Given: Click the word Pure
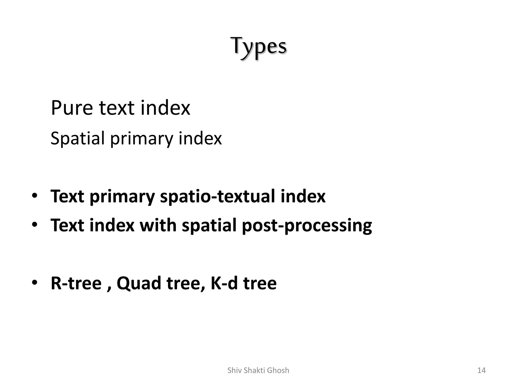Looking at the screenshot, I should pyautogui.click(x=72, y=108).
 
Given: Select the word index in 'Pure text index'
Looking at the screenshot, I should pyautogui.click(x=165, y=108).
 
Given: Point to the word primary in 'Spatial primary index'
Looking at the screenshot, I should pyautogui.click(x=141, y=139).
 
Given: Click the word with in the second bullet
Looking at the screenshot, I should pyautogui.click(x=158, y=225).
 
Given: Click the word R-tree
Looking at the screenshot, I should pyautogui.click(x=76, y=283).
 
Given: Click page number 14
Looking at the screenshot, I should pyautogui.click(x=481, y=370).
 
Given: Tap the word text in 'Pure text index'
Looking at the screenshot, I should pyautogui.click(x=116, y=108).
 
